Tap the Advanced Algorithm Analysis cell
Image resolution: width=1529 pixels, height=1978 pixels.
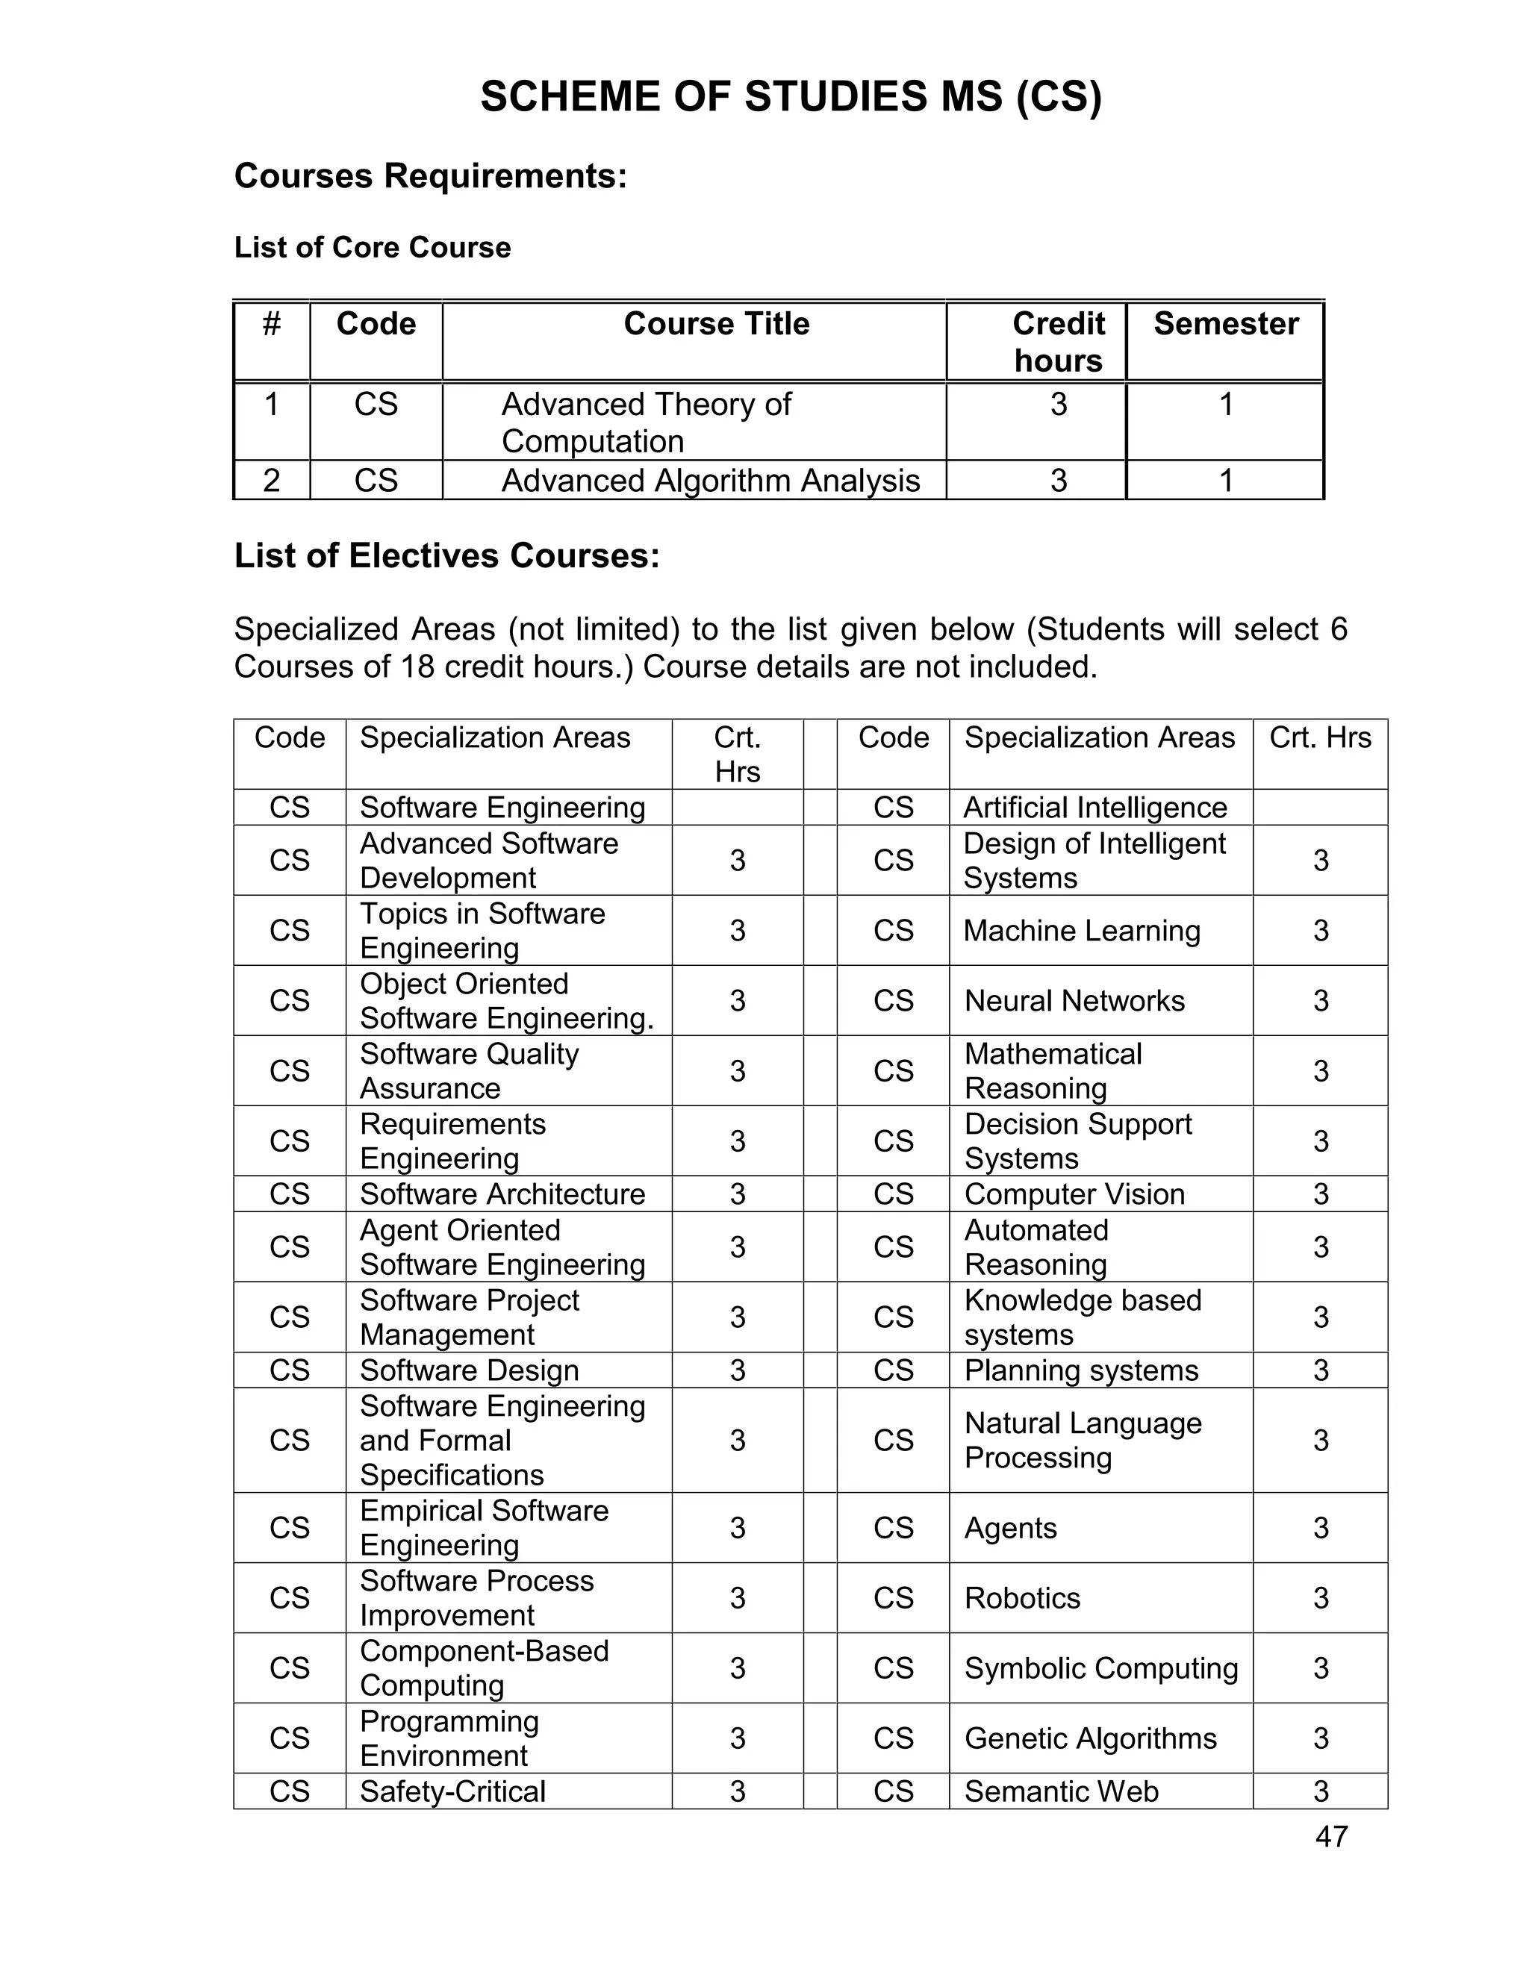[710, 480]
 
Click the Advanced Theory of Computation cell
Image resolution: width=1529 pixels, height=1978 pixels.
[646, 422]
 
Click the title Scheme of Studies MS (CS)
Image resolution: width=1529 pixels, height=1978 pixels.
[790, 97]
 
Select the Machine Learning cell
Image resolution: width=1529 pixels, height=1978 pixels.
[1082, 930]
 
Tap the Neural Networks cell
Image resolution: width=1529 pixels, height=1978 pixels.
[1074, 1001]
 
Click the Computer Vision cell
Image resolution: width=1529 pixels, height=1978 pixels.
[1074, 1194]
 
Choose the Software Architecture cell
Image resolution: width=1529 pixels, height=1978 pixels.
[502, 1194]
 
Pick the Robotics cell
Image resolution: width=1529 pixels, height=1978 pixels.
[1022, 1597]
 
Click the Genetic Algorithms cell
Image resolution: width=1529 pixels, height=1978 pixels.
[1090, 1738]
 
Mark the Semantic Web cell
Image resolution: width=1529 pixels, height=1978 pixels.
[1061, 1791]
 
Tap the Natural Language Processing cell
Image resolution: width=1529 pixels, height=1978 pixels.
[1083, 1440]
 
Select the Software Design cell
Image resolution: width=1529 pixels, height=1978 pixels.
[468, 1370]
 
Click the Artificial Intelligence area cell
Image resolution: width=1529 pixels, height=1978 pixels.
[1094, 807]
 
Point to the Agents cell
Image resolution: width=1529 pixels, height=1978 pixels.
[1010, 1528]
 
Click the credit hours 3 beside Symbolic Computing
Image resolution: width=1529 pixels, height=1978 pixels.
[1320, 1668]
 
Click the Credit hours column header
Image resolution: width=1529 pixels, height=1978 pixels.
[1058, 341]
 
